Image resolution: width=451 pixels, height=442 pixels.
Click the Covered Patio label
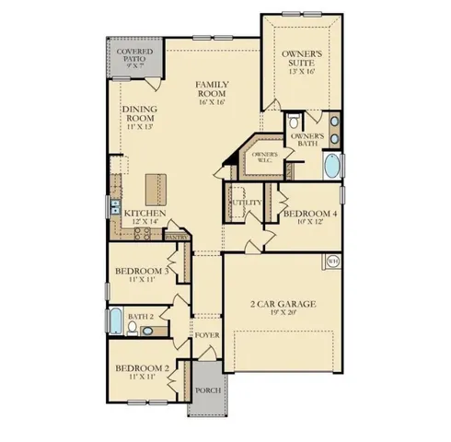[x=133, y=56]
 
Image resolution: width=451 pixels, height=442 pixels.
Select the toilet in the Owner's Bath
[x=293, y=122]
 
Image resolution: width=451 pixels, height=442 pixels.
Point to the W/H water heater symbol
[x=332, y=262]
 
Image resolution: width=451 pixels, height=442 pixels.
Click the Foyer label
[x=206, y=335]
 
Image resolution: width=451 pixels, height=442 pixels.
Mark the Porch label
[x=206, y=390]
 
